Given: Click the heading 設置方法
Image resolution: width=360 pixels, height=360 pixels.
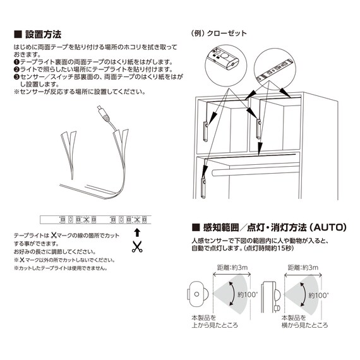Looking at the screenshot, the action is (x=38, y=35).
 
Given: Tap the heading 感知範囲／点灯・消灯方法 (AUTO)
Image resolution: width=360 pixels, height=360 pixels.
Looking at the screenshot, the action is (x=269, y=227).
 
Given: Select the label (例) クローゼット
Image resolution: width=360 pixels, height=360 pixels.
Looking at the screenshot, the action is (x=219, y=33).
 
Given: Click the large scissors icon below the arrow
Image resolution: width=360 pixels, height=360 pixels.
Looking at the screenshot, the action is (x=137, y=247).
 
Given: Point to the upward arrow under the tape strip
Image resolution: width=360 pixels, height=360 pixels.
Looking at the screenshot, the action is (x=137, y=232).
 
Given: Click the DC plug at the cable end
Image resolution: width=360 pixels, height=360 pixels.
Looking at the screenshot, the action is (x=103, y=113).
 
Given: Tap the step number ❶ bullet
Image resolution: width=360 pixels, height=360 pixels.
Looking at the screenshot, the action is (x=17, y=62).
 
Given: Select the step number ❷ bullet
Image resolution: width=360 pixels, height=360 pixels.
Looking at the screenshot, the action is (x=17, y=69).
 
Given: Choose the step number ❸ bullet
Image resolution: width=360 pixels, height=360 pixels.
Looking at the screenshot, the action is (x=17, y=77).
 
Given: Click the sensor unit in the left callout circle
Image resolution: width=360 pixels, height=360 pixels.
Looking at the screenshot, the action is (x=223, y=58).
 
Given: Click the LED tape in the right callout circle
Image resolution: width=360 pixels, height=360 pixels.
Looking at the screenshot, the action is (x=275, y=70).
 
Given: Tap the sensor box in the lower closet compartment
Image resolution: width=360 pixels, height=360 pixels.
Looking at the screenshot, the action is (x=203, y=188).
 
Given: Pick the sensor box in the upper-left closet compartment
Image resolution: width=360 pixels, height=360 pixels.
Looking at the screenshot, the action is (x=206, y=131).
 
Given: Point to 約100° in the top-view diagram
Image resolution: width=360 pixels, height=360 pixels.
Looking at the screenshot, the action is (x=248, y=294).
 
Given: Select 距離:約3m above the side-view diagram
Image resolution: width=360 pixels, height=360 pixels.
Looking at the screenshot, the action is (x=303, y=268).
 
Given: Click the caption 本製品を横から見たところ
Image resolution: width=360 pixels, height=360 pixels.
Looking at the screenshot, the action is (x=304, y=321).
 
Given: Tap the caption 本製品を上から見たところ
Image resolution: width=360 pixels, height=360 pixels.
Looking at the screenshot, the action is (x=215, y=321).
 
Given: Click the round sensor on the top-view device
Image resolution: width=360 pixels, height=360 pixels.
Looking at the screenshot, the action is (x=196, y=294).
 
